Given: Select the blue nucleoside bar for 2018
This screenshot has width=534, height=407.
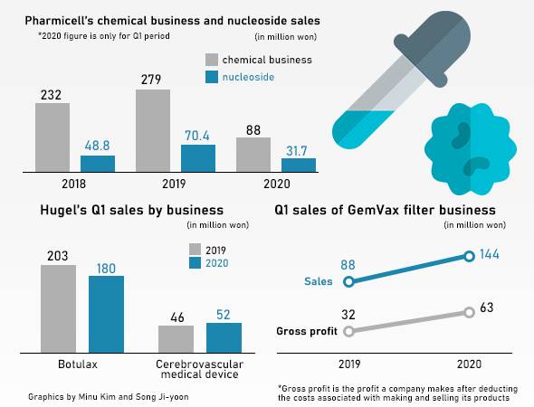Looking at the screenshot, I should coord(98,164).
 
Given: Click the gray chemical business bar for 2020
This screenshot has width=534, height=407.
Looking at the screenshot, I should coord(253,154).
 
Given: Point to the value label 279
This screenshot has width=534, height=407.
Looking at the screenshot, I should coord(152,80).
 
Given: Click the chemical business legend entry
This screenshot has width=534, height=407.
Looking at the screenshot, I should coord(256,60).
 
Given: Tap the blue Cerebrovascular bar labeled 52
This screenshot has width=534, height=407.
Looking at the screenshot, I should coord(224,336).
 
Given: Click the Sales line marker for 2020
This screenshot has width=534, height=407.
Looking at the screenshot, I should coord(469,256).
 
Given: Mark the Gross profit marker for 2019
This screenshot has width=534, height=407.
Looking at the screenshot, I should coord(349,331).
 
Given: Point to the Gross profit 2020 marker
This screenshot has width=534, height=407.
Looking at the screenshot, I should coord(469,312).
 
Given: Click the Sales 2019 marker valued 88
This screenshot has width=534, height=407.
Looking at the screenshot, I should coord(349,281).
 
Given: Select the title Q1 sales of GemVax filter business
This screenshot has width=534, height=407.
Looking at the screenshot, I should coord(385,210).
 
